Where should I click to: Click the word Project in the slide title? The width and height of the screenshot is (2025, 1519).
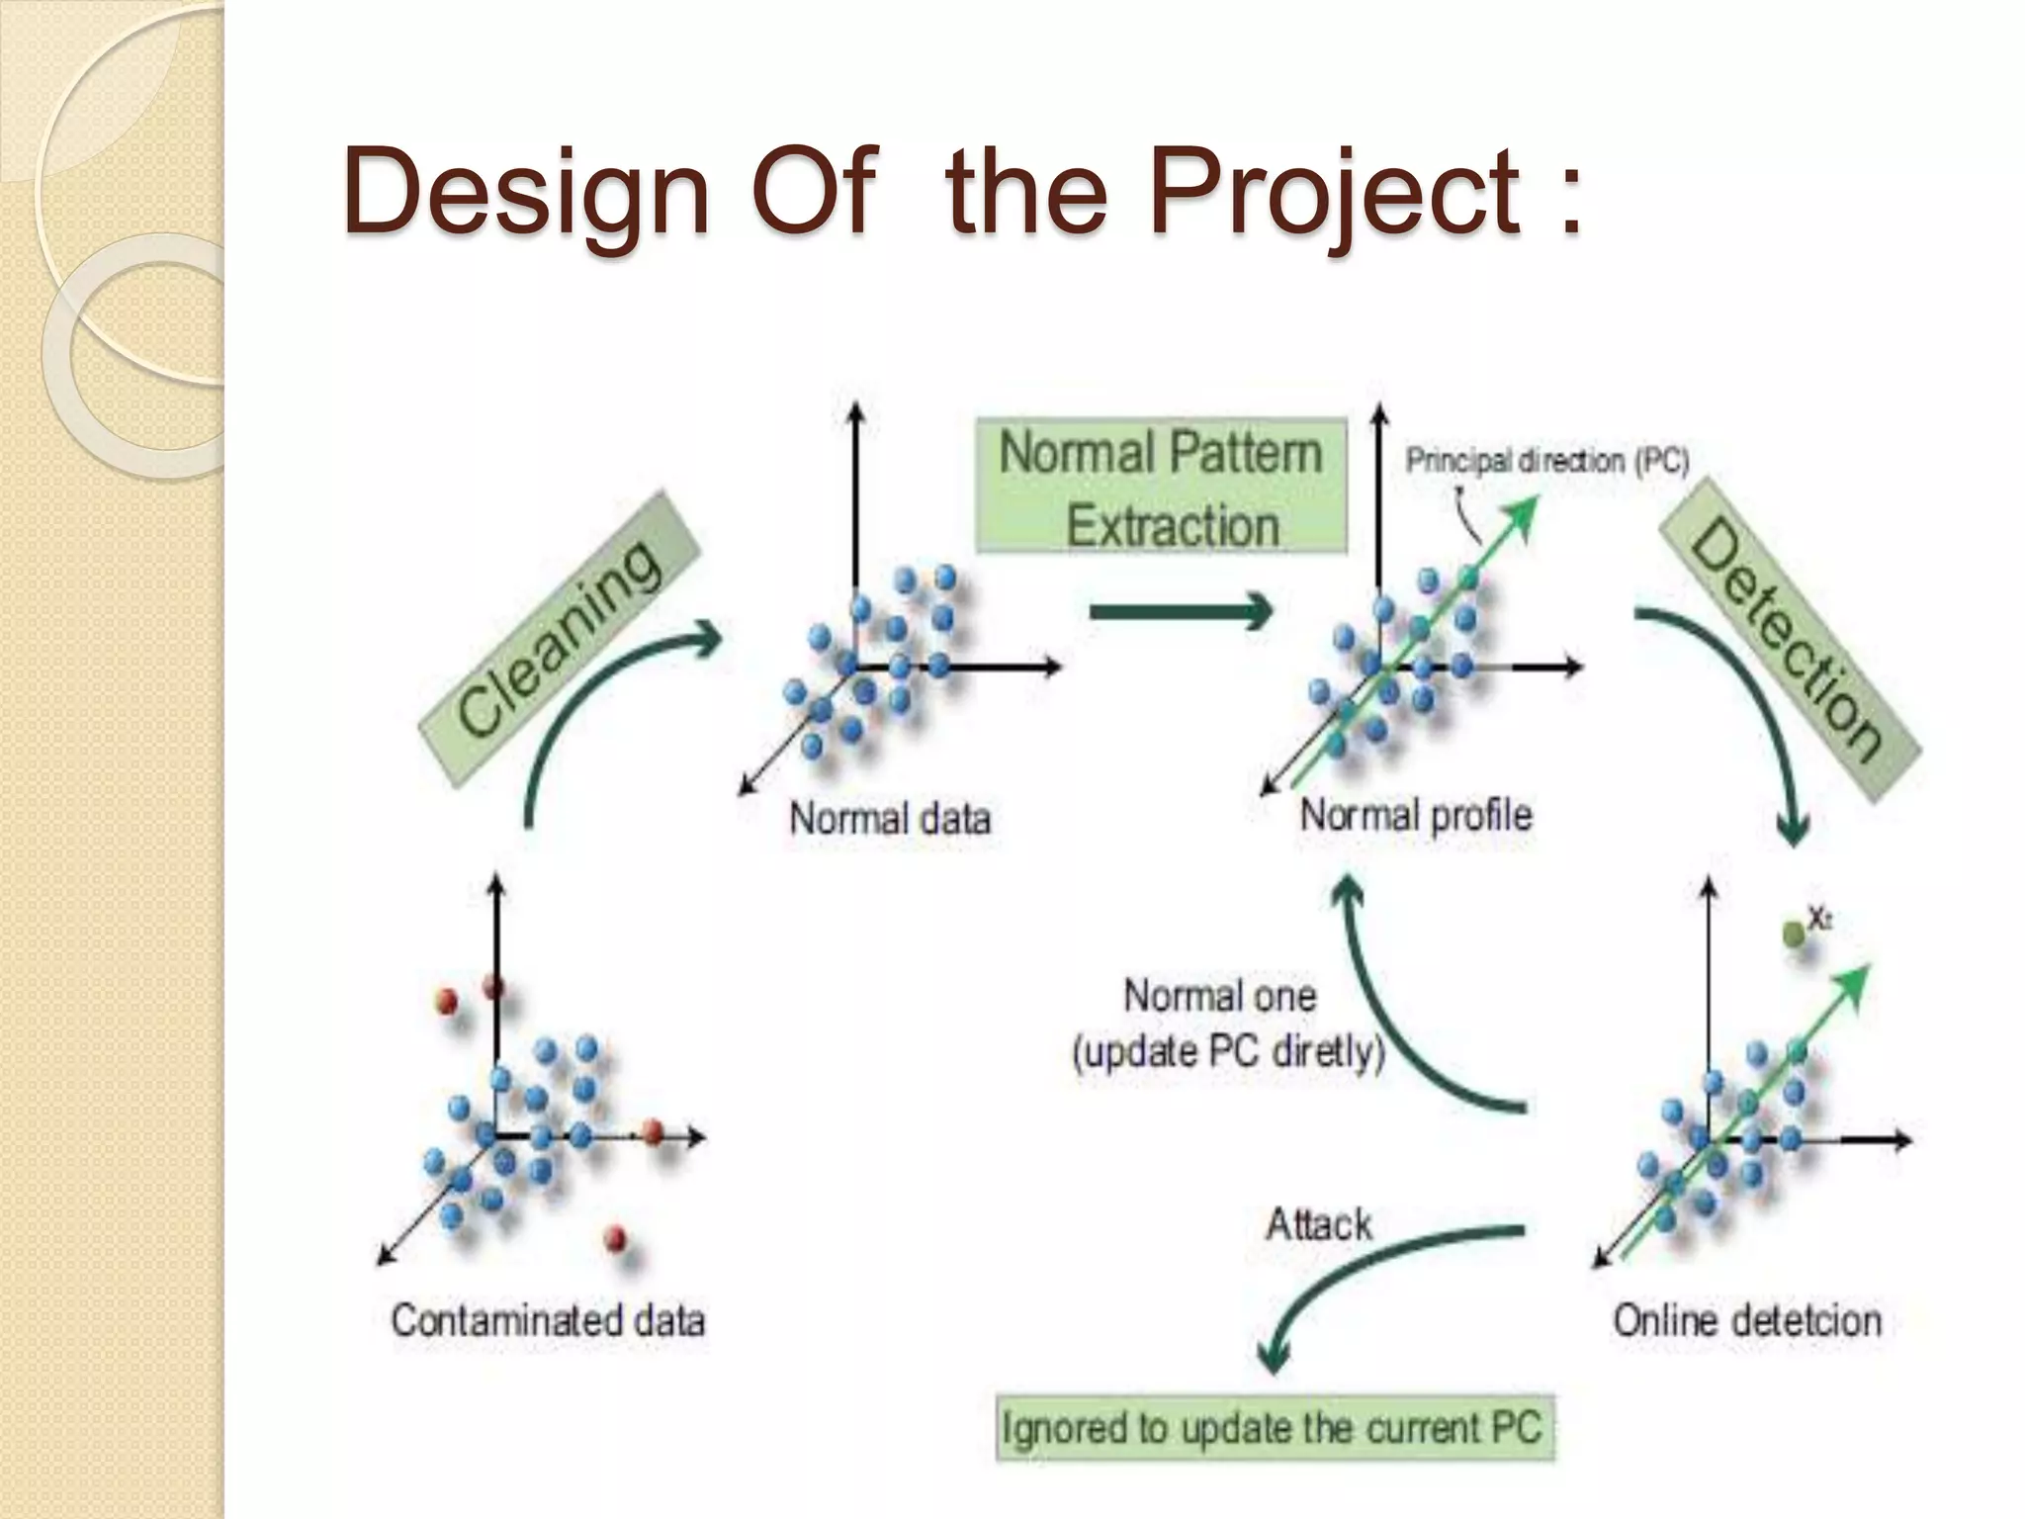1335,190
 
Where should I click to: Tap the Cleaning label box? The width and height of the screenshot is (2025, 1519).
560,639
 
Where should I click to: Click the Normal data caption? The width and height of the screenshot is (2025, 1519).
889,819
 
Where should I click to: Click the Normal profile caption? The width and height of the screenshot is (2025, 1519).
1415,816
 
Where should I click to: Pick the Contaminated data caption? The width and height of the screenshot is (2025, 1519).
548,1320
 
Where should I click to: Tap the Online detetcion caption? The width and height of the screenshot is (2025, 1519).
1746,1320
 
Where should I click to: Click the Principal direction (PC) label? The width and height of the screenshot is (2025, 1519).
1546,461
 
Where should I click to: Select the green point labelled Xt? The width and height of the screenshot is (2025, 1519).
1793,933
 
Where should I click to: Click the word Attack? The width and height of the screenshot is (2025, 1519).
1319,1225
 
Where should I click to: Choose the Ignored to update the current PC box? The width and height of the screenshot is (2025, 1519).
1274,1427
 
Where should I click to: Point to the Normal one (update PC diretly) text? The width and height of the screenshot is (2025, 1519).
1226,1024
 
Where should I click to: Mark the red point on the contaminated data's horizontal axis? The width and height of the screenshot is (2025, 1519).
653,1132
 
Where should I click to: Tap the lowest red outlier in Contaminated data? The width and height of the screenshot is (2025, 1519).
615,1237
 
